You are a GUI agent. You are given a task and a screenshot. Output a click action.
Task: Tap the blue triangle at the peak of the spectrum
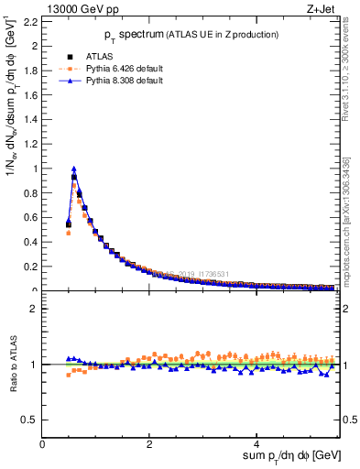point(74,168)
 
